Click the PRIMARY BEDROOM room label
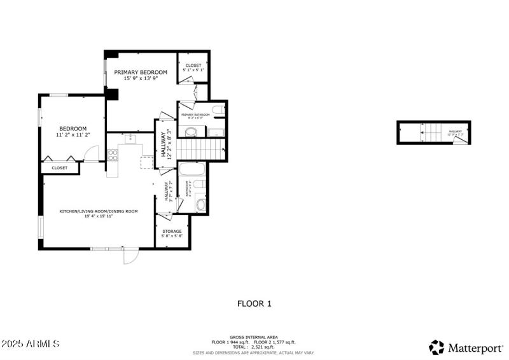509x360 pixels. coord(141,73)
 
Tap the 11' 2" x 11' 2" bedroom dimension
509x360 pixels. coord(73,135)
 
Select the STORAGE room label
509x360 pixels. coord(172,231)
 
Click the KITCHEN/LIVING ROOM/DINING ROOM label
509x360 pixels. coord(99,211)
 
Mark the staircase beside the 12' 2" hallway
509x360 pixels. coord(200,149)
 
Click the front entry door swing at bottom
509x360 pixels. coord(130,256)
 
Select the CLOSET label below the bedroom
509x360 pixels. coord(59,168)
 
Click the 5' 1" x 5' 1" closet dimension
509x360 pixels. coord(193,70)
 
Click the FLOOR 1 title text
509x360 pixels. coord(254,303)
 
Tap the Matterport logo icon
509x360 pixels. coord(436,347)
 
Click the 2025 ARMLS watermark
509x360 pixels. coord(31,343)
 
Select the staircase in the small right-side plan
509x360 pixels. coord(432,134)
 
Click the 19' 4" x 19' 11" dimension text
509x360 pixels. coord(99,216)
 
